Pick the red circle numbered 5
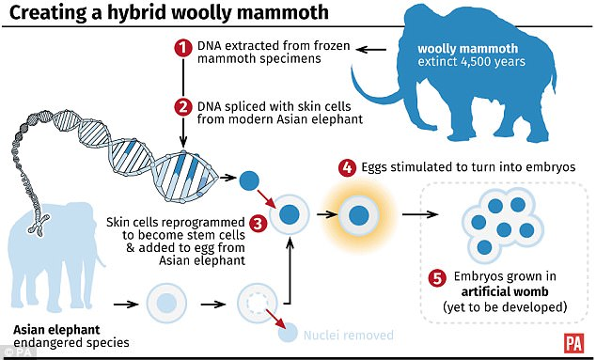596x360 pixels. coord(435,278)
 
